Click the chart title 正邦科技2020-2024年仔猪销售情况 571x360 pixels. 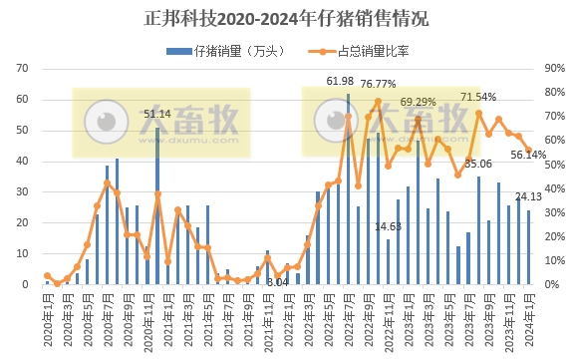click(x=286, y=18)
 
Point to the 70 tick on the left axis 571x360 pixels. click(x=28, y=69)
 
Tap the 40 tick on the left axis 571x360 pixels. click(x=28, y=162)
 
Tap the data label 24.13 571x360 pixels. click(x=528, y=195)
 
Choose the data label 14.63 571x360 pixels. click(x=388, y=227)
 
